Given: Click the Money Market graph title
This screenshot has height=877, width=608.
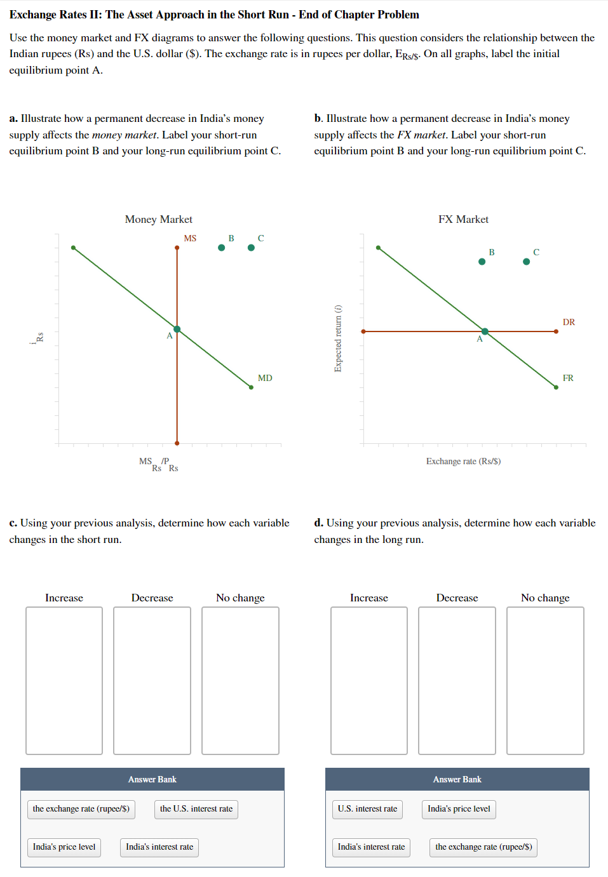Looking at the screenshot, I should pyautogui.click(x=158, y=219).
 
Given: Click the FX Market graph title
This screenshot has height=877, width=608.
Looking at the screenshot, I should pyautogui.click(x=463, y=219).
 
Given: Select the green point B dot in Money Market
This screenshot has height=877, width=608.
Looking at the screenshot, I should pyautogui.click(x=221, y=248).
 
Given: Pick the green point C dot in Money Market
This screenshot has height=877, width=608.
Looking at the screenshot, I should pyautogui.click(x=251, y=248).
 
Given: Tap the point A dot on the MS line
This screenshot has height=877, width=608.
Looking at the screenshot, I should pyautogui.click(x=177, y=329).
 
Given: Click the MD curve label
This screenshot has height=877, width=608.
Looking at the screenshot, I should pyautogui.click(x=265, y=378).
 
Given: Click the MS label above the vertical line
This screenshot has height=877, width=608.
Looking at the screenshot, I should pyautogui.click(x=190, y=238).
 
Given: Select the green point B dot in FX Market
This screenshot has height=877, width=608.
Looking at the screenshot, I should pyautogui.click(x=482, y=262).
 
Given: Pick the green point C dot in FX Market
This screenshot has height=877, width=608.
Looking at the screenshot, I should pyautogui.click(x=526, y=262).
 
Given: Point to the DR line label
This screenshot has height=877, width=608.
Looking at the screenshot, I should pyautogui.click(x=569, y=322).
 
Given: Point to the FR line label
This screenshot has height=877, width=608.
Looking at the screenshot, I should pyautogui.click(x=568, y=378).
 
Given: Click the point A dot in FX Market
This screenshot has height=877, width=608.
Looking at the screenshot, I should pyautogui.click(x=485, y=331).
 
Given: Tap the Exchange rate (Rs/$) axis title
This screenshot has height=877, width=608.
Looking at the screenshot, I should pyautogui.click(x=463, y=461).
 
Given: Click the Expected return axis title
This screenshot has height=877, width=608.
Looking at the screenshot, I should pyautogui.click(x=338, y=338).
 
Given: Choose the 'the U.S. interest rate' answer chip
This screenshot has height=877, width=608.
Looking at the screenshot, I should pyautogui.click(x=196, y=809).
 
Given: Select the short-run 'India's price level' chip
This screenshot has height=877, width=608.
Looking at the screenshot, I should pyautogui.click(x=64, y=847).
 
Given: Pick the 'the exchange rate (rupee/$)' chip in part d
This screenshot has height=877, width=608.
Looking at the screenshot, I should pyautogui.click(x=483, y=847).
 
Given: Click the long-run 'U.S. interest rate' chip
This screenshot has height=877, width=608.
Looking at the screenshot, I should pyautogui.click(x=367, y=809).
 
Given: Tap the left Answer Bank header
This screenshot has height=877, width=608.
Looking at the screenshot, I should pyautogui.click(x=152, y=779).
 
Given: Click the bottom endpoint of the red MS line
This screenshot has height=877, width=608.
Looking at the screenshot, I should pyautogui.click(x=177, y=443).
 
